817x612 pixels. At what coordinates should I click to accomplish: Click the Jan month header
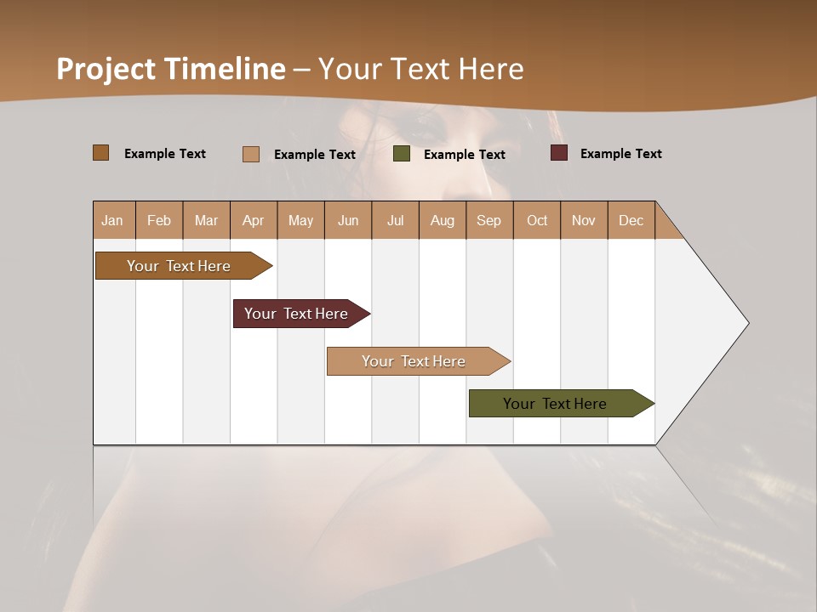point(112,220)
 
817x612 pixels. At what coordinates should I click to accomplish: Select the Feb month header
point(159,220)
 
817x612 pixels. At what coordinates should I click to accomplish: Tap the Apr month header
point(253,220)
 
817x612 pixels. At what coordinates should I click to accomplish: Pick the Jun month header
point(348,220)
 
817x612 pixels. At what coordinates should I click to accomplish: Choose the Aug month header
point(442,220)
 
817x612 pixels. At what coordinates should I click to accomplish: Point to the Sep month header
point(488,220)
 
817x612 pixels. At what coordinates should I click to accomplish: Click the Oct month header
point(537,220)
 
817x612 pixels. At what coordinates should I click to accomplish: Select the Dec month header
point(631,220)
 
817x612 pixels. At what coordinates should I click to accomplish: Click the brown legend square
point(100,153)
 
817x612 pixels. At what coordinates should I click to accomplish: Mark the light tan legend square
point(250,154)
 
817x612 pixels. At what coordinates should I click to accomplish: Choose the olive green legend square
point(402,154)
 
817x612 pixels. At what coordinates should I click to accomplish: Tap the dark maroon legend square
point(558,153)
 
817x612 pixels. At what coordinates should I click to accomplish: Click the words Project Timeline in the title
point(170,69)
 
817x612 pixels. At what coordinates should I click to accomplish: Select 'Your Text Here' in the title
point(420,69)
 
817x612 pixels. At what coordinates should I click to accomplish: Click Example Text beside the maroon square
point(620,154)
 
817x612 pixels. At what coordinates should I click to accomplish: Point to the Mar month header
point(206,220)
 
